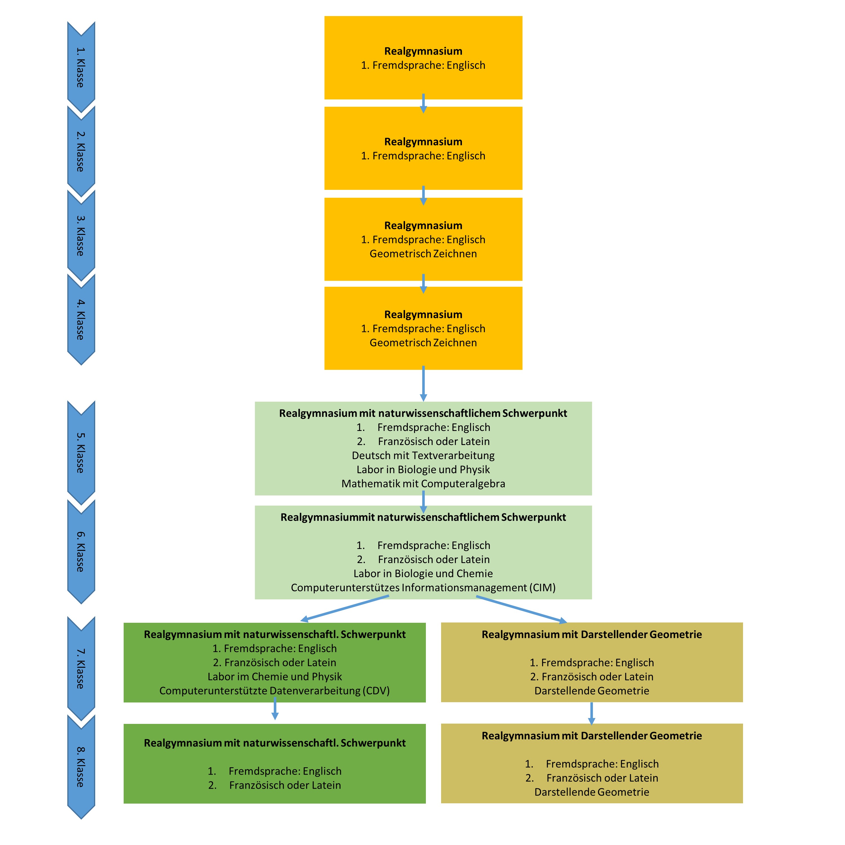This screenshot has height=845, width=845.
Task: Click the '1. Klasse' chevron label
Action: [81, 67]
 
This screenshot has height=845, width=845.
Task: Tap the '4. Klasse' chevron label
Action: [81, 320]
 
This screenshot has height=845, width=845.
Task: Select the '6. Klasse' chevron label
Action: [81, 551]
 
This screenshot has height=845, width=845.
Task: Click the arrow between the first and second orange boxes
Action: [423, 103]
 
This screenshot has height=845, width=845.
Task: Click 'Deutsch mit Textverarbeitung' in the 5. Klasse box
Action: [423, 455]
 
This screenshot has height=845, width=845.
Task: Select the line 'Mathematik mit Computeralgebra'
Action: [423, 483]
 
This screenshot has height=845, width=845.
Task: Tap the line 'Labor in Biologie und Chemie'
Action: [423, 573]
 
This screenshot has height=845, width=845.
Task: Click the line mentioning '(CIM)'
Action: [423, 587]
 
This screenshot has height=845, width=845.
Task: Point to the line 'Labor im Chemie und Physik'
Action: [275, 677]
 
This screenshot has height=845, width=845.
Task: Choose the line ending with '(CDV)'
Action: [275, 691]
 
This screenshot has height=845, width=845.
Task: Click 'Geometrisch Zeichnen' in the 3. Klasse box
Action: [423, 254]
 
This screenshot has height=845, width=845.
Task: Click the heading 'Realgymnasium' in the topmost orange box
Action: [423, 51]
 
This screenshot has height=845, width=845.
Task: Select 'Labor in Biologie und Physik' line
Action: [423, 469]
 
